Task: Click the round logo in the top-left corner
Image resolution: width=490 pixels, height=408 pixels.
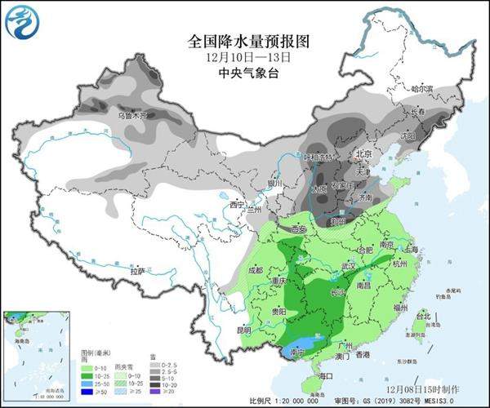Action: tap(23, 23)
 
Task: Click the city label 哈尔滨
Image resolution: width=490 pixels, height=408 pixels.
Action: tap(421, 88)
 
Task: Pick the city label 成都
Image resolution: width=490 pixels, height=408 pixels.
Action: tap(255, 270)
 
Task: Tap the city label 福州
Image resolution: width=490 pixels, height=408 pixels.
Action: tap(399, 308)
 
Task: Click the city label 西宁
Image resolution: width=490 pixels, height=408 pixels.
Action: tap(238, 204)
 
